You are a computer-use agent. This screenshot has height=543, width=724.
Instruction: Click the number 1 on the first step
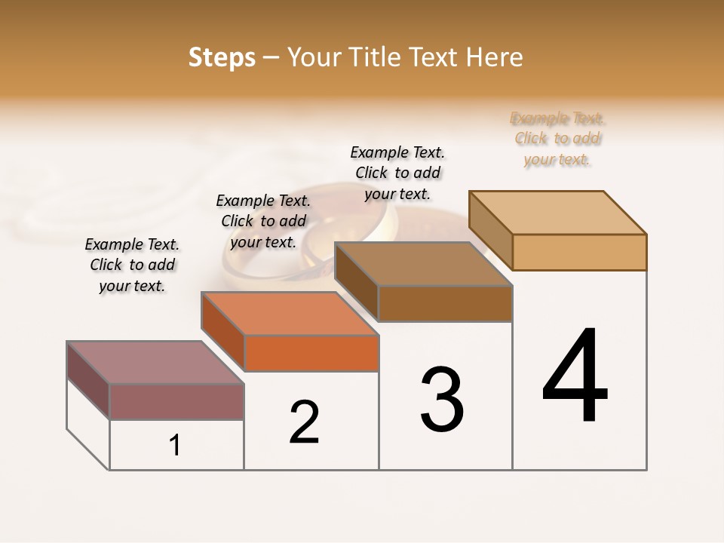(x=175, y=445)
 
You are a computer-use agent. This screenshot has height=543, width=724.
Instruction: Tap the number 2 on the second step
(x=305, y=422)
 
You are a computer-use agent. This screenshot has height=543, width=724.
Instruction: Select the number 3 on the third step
(x=442, y=399)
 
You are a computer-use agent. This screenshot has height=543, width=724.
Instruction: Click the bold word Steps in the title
(x=222, y=57)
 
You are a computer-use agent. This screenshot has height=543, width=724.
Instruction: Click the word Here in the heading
(x=496, y=57)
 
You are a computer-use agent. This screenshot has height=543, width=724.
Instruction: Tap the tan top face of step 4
(x=558, y=212)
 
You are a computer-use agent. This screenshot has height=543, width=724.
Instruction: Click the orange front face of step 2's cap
(x=311, y=354)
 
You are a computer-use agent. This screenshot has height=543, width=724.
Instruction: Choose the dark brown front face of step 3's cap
(x=445, y=303)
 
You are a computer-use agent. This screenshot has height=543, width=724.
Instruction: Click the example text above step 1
(x=132, y=265)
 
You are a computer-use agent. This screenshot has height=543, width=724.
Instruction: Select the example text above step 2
(x=263, y=221)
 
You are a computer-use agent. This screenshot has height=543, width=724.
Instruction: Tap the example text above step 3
(x=397, y=173)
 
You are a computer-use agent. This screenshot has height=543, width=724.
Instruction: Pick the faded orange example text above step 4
(x=557, y=139)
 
